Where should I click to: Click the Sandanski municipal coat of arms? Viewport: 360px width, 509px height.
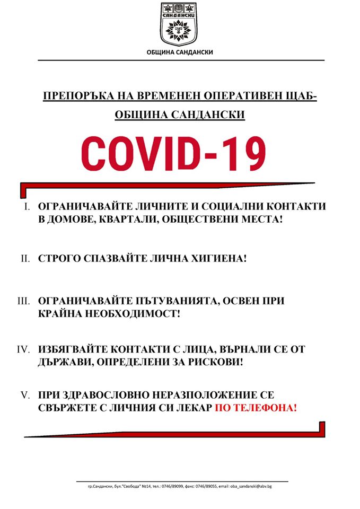[180, 24]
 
